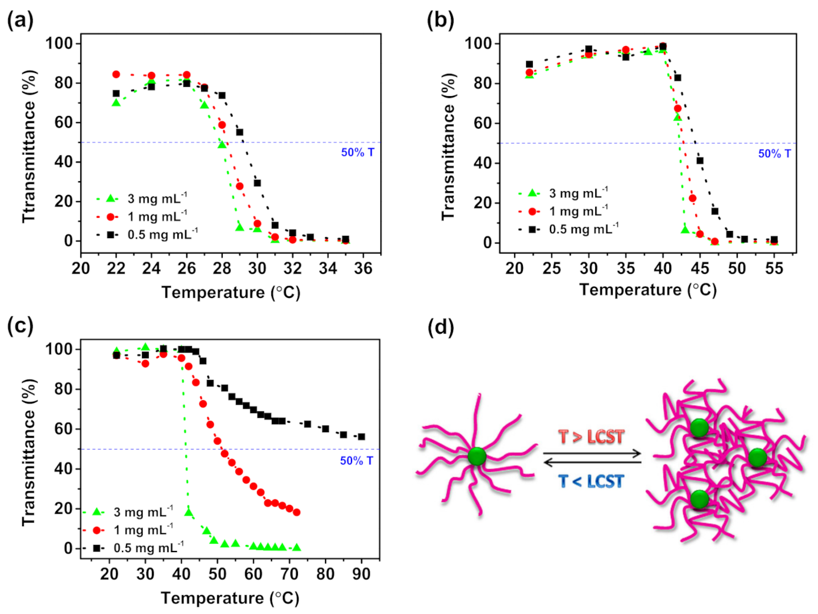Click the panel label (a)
click(x=20, y=21)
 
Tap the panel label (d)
click(x=441, y=327)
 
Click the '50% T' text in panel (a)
click(x=357, y=153)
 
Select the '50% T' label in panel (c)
click(x=356, y=460)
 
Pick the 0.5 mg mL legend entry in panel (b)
click(x=583, y=229)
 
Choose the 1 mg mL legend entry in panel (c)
click(x=143, y=530)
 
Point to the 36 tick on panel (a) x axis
click(x=363, y=269)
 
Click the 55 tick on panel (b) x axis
click(x=774, y=269)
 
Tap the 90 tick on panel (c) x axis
click(x=361, y=574)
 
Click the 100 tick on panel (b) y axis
click(x=481, y=43)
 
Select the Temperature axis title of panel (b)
click(x=648, y=290)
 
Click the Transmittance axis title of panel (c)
click(x=29, y=452)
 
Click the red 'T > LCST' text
click(x=591, y=437)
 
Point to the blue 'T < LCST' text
click(x=591, y=481)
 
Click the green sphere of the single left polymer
click(x=476, y=456)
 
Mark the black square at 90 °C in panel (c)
click(x=361, y=437)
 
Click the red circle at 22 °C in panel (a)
click(x=116, y=74)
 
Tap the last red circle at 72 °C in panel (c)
click(x=297, y=512)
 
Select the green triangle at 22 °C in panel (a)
click(x=116, y=102)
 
